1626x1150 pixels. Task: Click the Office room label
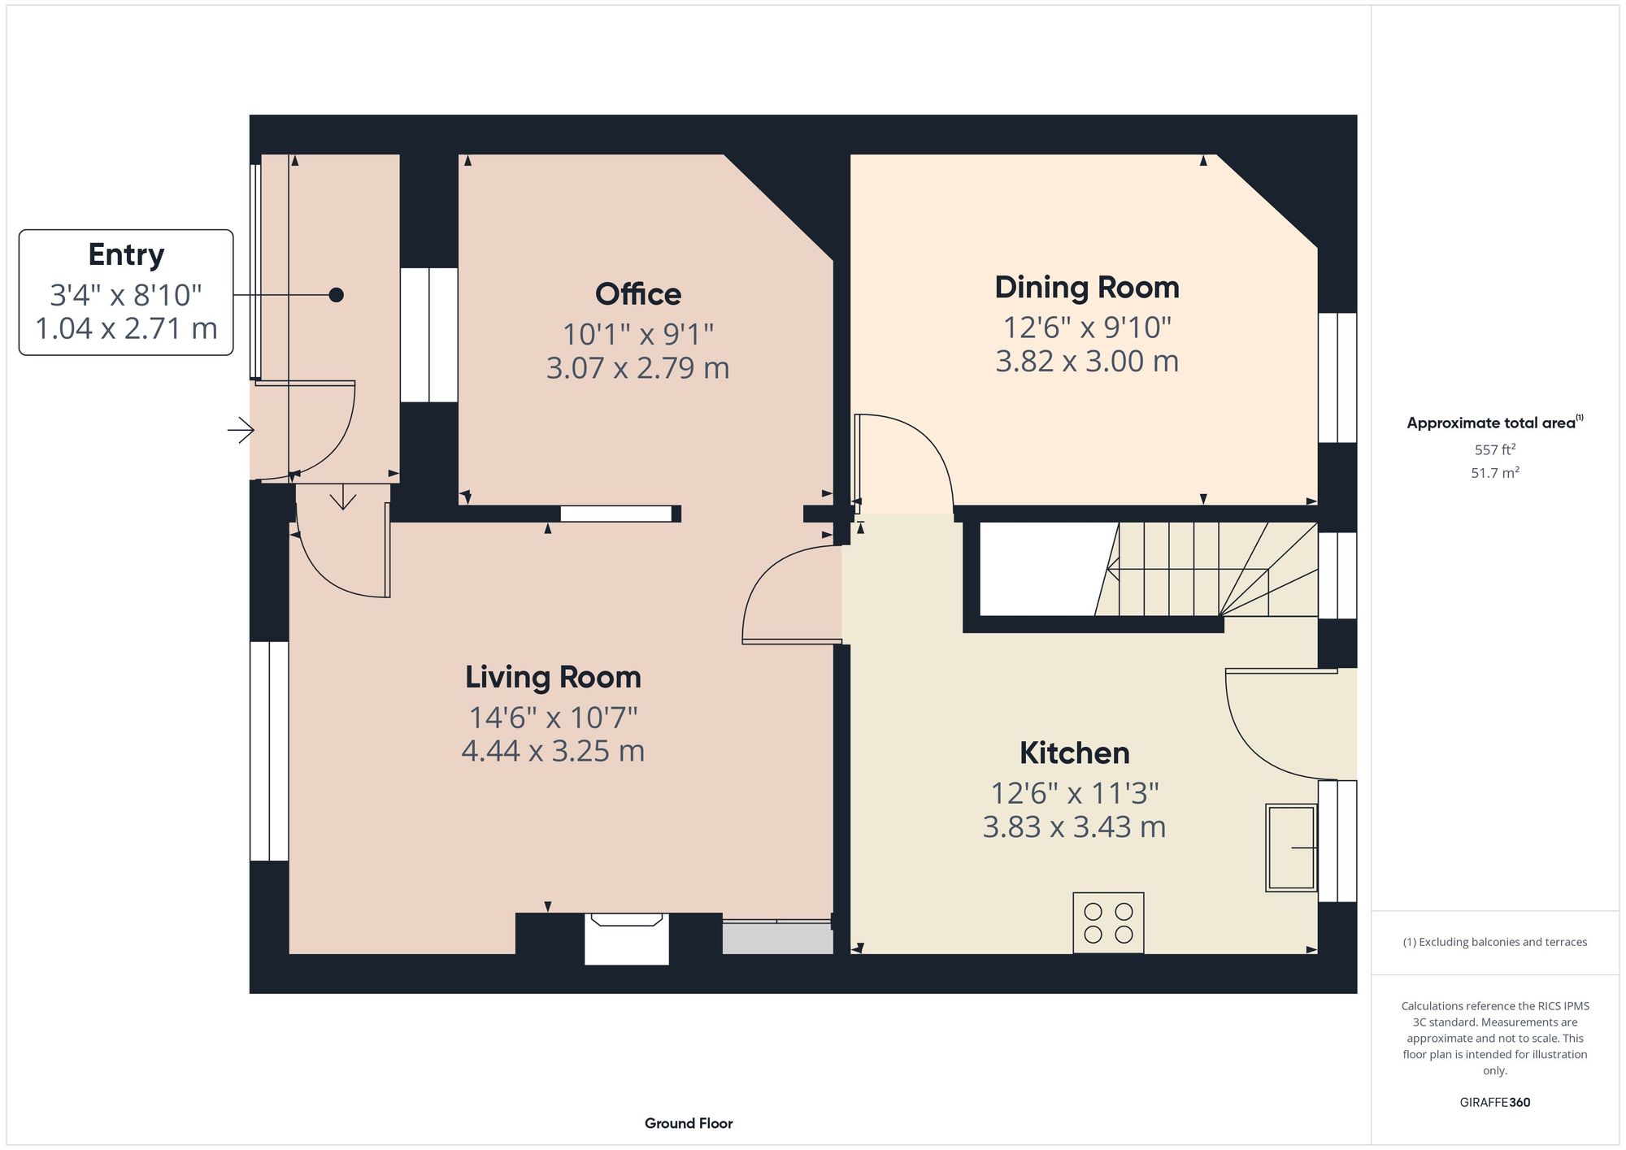click(638, 294)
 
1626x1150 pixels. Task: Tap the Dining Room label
click(1087, 288)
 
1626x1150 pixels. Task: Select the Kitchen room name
click(1074, 753)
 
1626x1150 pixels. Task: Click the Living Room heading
click(553, 677)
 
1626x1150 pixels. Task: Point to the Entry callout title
click(126, 255)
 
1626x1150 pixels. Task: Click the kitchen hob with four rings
click(1108, 923)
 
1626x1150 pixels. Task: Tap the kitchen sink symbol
click(1291, 848)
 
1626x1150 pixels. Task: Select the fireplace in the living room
click(626, 939)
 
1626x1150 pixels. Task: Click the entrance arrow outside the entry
click(241, 430)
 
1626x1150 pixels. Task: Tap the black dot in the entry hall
click(336, 295)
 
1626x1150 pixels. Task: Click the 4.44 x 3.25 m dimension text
click(553, 751)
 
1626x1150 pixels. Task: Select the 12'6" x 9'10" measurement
click(1087, 328)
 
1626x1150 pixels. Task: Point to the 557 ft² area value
click(1494, 449)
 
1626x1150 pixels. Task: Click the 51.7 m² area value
click(1494, 473)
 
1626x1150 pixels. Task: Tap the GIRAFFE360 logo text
click(1494, 1103)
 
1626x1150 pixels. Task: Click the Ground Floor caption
click(689, 1123)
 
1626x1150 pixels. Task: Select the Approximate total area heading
click(1494, 423)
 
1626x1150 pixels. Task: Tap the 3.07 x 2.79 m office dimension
click(638, 368)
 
